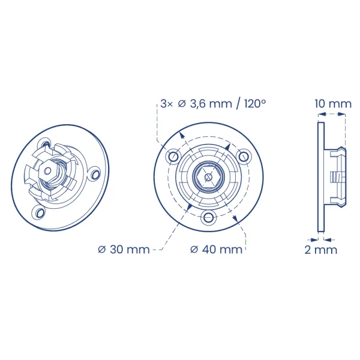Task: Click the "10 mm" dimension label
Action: click(x=333, y=104)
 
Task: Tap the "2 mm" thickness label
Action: click(x=321, y=250)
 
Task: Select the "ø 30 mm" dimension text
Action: click(x=124, y=250)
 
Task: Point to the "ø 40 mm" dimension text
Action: click(x=216, y=250)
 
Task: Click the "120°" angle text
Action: click(x=255, y=104)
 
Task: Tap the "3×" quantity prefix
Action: click(x=166, y=104)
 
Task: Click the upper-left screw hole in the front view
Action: click(x=173, y=157)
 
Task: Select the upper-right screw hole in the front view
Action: click(x=244, y=157)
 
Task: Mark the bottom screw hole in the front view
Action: click(x=208, y=217)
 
